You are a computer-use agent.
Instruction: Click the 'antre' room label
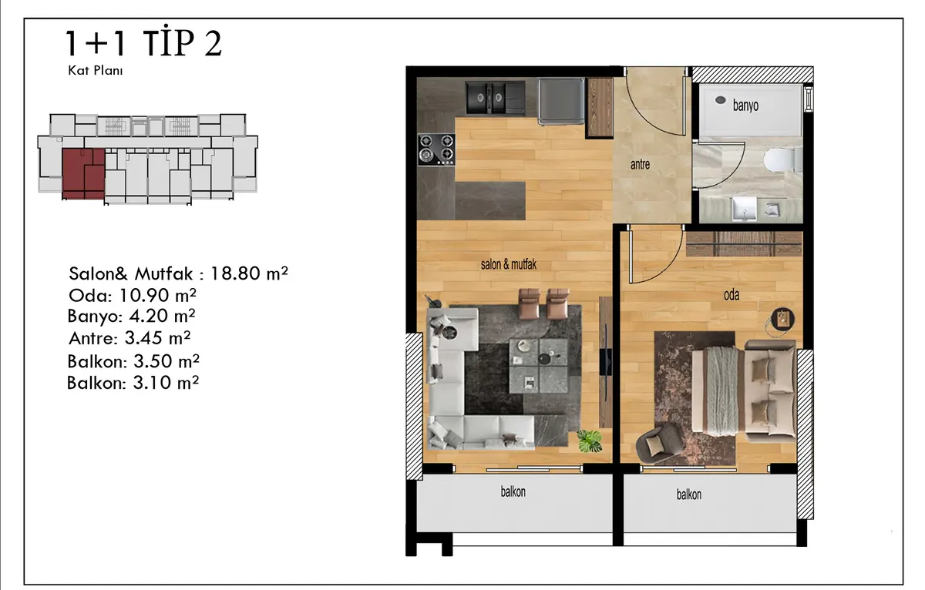[640, 165]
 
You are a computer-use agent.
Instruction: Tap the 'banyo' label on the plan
[745, 106]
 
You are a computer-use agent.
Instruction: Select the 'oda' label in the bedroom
[732, 294]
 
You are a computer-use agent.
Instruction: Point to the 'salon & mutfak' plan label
[508, 264]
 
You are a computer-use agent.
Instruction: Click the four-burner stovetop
[436, 149]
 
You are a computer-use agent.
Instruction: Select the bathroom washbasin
[745, 209]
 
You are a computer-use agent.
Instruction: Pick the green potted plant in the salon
[589, 441]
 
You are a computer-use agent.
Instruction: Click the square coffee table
[538, 365]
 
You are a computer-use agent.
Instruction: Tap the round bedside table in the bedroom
[782, 319]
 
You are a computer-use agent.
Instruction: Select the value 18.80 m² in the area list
[249, 273]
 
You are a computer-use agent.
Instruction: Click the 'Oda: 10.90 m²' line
[132, 296]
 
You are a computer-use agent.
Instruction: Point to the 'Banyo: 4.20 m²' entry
[131, 316]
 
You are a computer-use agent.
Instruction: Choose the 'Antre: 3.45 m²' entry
[129, 338]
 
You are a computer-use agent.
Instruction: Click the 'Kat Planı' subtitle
[96, 71]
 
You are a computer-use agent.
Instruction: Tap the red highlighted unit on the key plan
[83, 174]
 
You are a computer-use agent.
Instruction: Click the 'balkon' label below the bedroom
[688, 494]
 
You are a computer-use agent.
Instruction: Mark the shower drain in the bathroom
[720, 100]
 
